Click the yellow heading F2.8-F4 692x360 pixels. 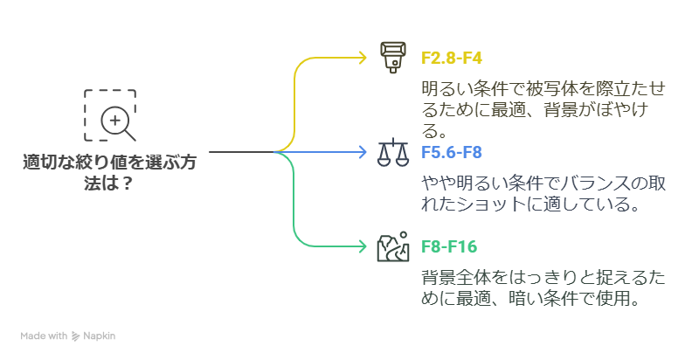coord(452,59)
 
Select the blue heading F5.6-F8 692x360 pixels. coord(452,152)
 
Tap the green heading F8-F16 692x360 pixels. coord(449,246)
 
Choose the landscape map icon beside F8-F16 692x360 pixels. coord(392,247)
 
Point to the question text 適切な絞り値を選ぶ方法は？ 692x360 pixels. coord(109,172)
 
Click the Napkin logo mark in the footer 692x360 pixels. coord(76,336)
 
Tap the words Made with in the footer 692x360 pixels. coord(45,336)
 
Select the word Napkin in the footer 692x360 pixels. coord(100,336)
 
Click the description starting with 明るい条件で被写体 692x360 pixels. coord(542,109)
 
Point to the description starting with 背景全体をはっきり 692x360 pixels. coord(543,288)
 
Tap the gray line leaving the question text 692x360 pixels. coord(240,152)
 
